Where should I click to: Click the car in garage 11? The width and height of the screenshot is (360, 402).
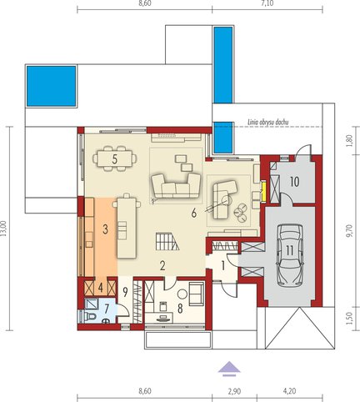click(289, 254)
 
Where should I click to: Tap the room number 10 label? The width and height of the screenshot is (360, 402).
click(295, 182)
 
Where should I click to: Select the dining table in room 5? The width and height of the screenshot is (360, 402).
click(114, 158)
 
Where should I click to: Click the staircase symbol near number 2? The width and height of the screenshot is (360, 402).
click(167, 242)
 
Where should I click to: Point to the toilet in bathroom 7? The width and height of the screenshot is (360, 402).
click(91, 316)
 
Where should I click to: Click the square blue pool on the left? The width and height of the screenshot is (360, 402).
click(52, 86)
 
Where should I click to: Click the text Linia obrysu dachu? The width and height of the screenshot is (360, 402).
click(268, 122)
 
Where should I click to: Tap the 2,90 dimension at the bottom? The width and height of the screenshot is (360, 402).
click(234, 391)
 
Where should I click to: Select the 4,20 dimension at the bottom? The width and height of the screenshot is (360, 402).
click(289, 391)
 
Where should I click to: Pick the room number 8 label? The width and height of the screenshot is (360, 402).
click(180, 309)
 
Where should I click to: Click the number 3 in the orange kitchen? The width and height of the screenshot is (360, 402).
click(105, 229)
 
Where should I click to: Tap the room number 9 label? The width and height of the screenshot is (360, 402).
click(125, 292)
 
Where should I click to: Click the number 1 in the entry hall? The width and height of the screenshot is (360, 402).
click(223, 266)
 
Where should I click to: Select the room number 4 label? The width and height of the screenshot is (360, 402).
click(101, 288)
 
